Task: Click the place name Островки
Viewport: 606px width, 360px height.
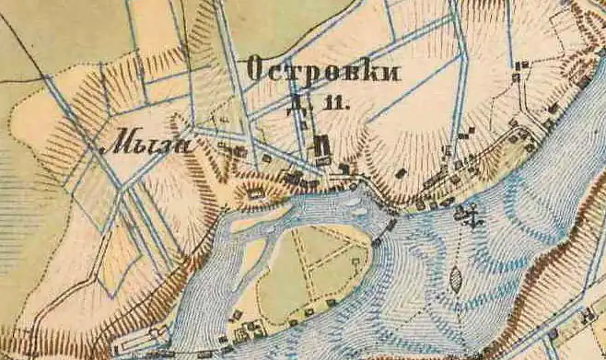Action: tap(323, 72)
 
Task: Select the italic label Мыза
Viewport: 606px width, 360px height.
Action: tap(146, 145)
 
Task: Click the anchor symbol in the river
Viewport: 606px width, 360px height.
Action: tap(470, 217)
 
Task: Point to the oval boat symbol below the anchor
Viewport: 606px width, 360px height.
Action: tap(458, 274)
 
